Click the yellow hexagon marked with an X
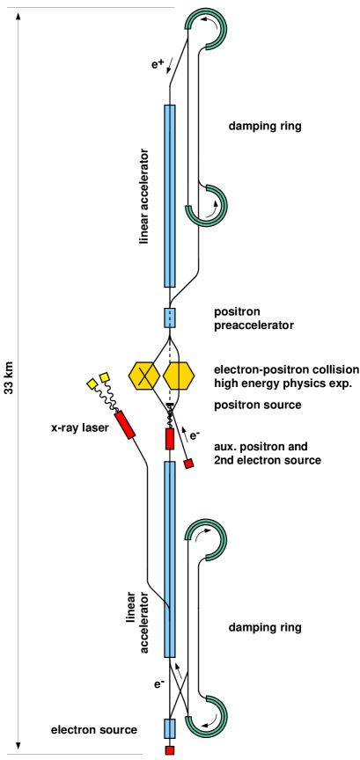click(144, 376)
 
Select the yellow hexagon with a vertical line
click(179, 376)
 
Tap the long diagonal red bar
click(125, 425)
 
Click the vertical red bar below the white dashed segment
click(170, 438)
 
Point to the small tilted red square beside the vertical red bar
click(188, 464)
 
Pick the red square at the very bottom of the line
click(170, 750)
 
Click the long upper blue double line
click(170, 195)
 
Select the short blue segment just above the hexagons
click(170, 318)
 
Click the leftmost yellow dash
click(92, 384)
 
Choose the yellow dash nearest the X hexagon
click(105, 377)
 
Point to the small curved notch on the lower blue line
click(166, 606)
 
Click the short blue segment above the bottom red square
click(170, 728)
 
